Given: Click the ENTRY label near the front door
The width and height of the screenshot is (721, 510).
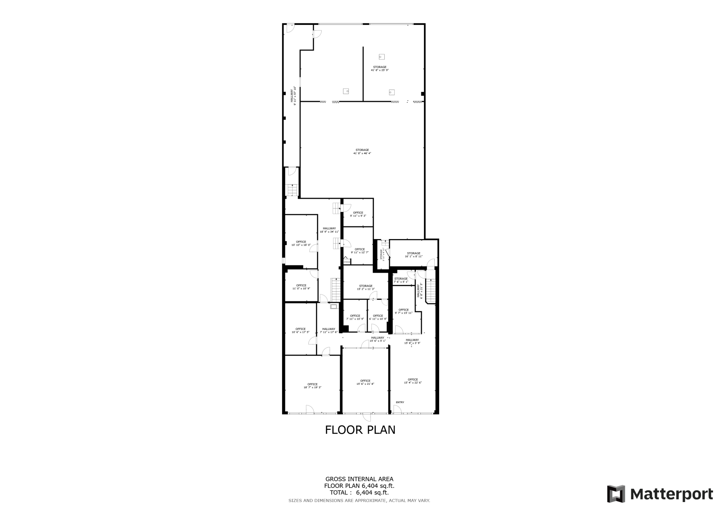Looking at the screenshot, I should coord(400,402).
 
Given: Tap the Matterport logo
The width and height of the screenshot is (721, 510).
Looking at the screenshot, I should coord(660,494).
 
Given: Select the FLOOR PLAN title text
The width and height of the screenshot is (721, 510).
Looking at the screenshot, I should coord(360,430).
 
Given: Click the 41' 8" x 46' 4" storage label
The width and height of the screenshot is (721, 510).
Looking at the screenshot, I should coord(362,152).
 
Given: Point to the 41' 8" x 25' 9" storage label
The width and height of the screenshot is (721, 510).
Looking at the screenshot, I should coord(380,69).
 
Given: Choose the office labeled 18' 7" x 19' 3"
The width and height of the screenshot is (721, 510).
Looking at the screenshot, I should coord(312,386).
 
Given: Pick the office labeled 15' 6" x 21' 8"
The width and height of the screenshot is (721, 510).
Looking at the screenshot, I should coord(365,382).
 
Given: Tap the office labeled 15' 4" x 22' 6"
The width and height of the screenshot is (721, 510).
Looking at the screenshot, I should coord(413,381).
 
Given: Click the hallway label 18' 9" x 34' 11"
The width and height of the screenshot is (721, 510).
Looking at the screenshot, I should coord(329,230).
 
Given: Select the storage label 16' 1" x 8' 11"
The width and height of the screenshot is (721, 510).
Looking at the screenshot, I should coord(414,255).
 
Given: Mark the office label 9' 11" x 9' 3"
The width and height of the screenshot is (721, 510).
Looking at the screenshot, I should coord(358,214).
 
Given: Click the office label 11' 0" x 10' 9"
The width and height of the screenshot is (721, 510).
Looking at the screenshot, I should coord(301,287).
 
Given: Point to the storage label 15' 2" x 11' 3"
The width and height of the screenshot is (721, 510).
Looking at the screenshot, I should coord(366,287).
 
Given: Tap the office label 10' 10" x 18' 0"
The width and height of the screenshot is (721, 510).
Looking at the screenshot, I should coord(301,243).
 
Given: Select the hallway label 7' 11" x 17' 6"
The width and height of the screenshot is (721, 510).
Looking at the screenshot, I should coord(329,330).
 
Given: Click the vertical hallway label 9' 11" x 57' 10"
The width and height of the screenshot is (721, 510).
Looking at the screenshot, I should coord(293,96).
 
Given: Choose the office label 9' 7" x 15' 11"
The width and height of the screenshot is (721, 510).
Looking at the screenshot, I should coord(403,311).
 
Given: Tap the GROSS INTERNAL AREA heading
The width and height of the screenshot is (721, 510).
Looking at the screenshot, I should coord(359,479).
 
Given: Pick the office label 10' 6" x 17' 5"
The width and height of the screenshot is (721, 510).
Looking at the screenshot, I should coord(301,330).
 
